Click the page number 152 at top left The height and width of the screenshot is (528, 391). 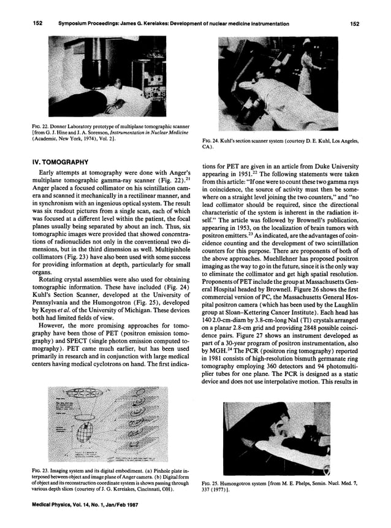tap(37, 23)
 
